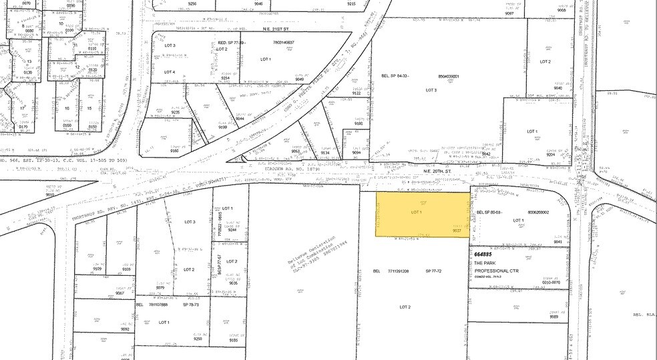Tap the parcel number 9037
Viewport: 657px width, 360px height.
point(458,232)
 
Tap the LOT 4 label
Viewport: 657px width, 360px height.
point(170,71)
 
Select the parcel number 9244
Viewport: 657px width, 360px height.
point(232,230)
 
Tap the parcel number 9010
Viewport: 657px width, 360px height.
point(50,195)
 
